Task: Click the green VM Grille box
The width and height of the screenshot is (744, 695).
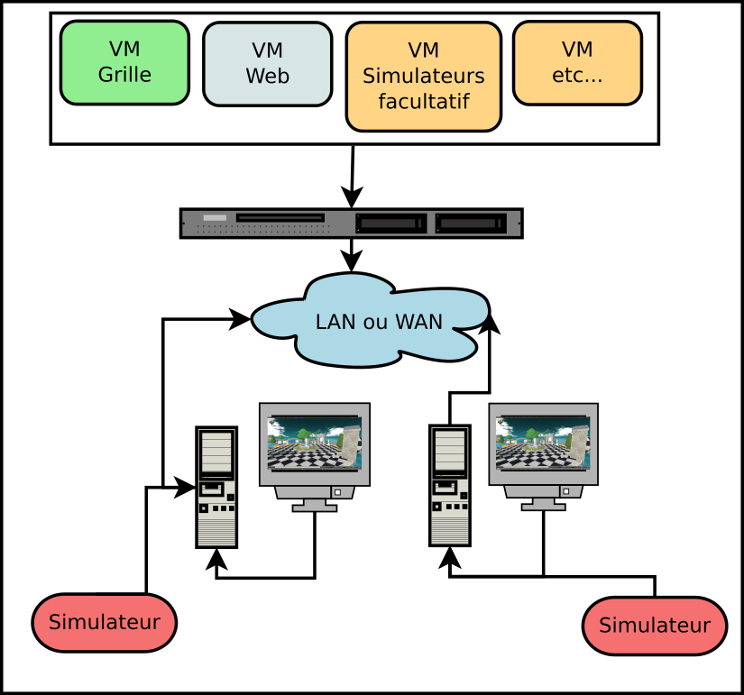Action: pos(124,62)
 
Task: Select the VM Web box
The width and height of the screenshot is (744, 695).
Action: pos(268,64)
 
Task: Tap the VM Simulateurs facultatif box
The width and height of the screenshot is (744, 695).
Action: pos(423,77)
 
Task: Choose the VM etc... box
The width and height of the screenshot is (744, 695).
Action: pos(577,62)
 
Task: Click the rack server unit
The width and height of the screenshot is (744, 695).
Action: pos(351,223)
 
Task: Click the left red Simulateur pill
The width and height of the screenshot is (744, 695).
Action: pos(104,622)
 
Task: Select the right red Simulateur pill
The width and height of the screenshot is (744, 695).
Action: pos(655,626)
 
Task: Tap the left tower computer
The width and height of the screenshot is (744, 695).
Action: pos(216,487)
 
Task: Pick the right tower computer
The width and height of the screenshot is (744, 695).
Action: pos(450,485)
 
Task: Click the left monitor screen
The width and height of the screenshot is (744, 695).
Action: pos(315,444)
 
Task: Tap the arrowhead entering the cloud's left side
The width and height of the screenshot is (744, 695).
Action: pos(241,318)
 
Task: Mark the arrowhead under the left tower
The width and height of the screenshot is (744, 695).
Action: pos(216,559)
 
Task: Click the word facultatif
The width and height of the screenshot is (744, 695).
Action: pos(423,101)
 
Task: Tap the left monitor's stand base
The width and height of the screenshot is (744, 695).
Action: pos(315,508)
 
